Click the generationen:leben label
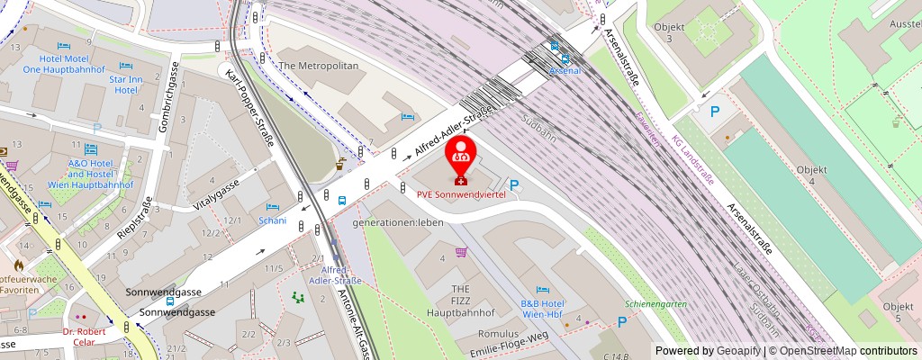pyautogui.click(x=398, y=222)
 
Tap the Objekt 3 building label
pyautogui.click(x=690, y=33)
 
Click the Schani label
pyautogui.click(x=272, y=220)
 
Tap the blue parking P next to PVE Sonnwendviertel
pyautogui.click(x=514, y=187)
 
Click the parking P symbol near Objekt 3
pyautogui.click(x=715, y=112)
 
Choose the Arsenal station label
pyautogui.click(x=565, y=69)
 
